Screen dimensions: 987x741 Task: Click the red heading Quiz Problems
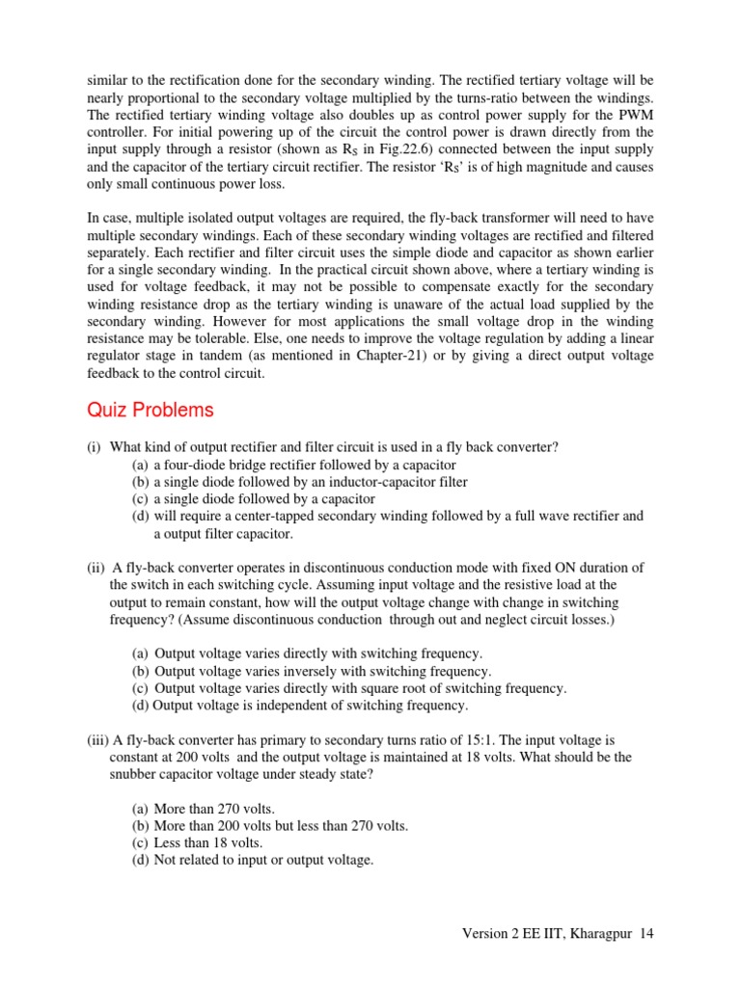tap(150, 411)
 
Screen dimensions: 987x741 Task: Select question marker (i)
tap(94, 446)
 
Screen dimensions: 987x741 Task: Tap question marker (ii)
tap(96, 568)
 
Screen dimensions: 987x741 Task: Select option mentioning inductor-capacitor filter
tap(299, 482)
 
